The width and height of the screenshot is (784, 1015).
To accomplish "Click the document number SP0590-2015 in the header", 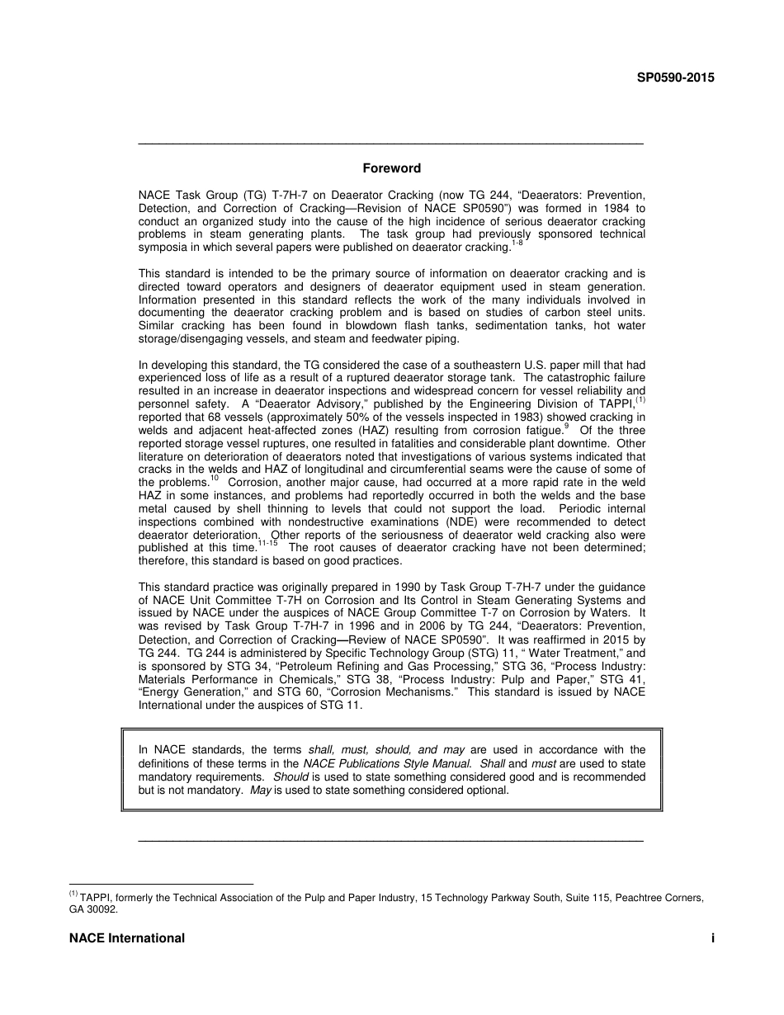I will (x=675, y=78).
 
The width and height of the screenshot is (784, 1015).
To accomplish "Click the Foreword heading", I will (x=392, y=168).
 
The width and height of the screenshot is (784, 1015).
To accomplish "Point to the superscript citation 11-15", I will (x=267, y=545).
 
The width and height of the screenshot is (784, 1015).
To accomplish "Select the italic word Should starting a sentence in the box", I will (x=291, y=777).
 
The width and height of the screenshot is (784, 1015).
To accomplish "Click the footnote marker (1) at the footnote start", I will (x=73, y=895).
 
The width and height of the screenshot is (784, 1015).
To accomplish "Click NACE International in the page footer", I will (x=127, y=938).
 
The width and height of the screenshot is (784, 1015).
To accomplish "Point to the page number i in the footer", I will (x=712, y=938).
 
